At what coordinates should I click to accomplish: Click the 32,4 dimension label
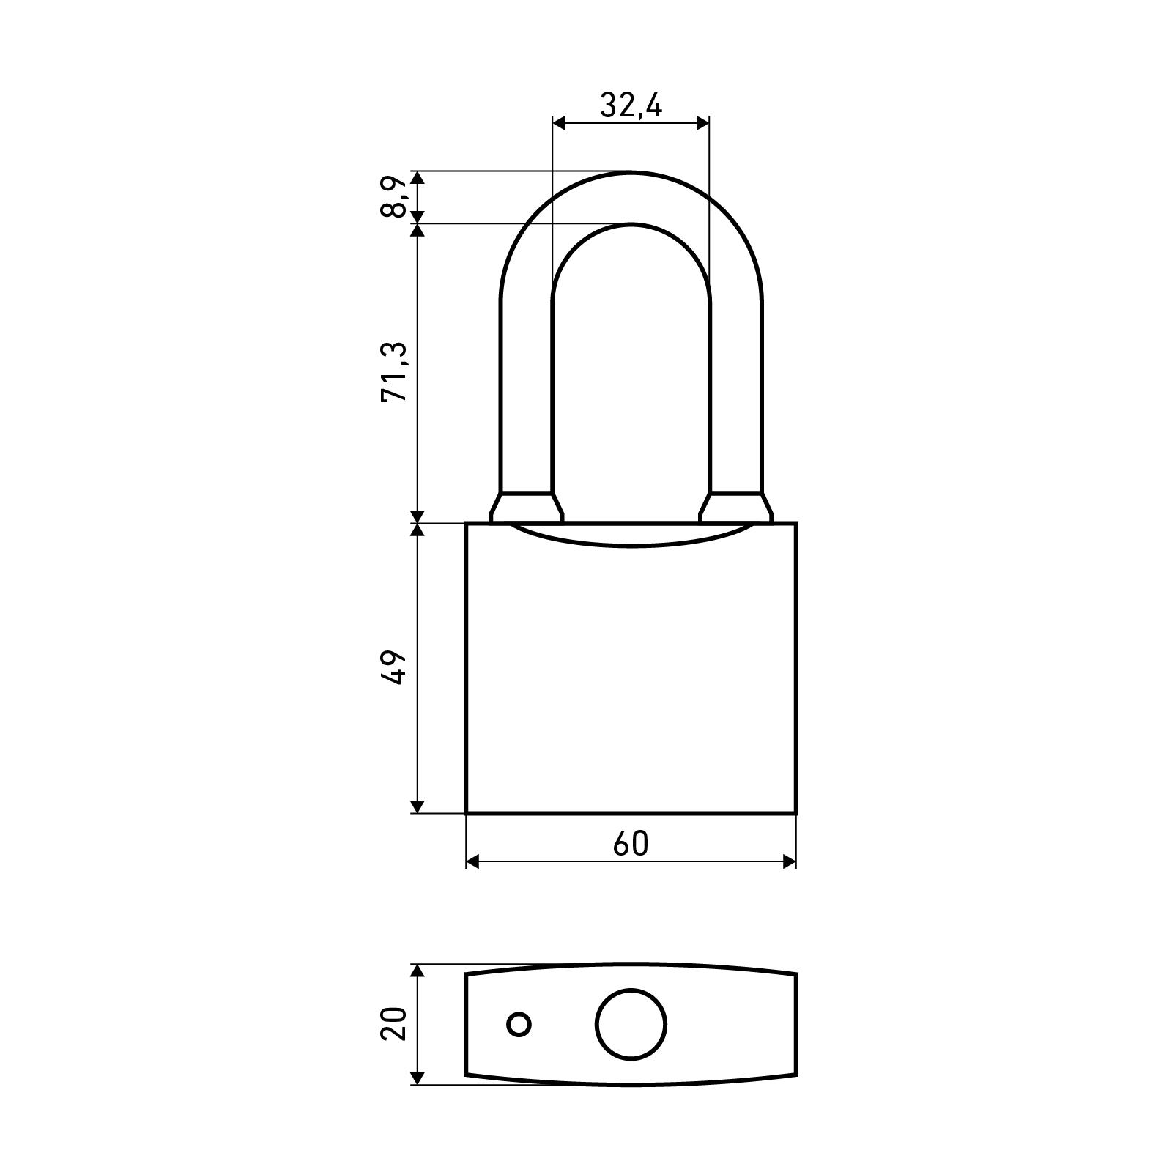tap(631, 107)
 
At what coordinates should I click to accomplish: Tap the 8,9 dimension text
tap(393, 197)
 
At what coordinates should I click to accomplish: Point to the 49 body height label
tap(393, 667)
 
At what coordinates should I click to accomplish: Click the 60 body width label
tap(631, 844)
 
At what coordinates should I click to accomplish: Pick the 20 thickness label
tap(393, 1024)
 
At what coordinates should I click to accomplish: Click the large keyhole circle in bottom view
tap(631, 1024)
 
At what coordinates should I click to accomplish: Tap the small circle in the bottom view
tap(519, 1024)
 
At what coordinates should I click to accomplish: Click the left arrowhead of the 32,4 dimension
tap(560, 123)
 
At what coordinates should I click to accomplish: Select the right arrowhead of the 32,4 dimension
tap(702, 123)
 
